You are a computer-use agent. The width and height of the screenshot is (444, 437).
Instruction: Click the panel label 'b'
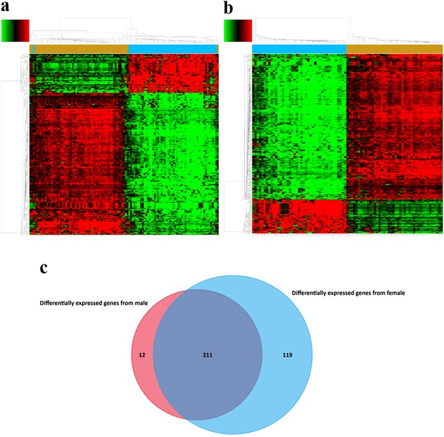(x=229, y=9)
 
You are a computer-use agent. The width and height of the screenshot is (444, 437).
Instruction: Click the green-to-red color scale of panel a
(x=16, y=31)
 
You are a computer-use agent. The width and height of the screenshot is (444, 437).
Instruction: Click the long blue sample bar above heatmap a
(x=172, y=49)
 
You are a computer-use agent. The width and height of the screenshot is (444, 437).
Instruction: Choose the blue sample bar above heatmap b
(x=299, y=49)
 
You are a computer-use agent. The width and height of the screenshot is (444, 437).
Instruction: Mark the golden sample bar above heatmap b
(x=394, y=49)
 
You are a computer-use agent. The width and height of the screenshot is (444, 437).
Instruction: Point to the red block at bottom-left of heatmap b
(x=299, y=216)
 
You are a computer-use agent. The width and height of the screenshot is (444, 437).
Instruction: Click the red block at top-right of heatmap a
(x=172, y=73)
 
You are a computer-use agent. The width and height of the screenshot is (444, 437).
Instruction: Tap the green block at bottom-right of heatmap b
(x=394, y=216)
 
